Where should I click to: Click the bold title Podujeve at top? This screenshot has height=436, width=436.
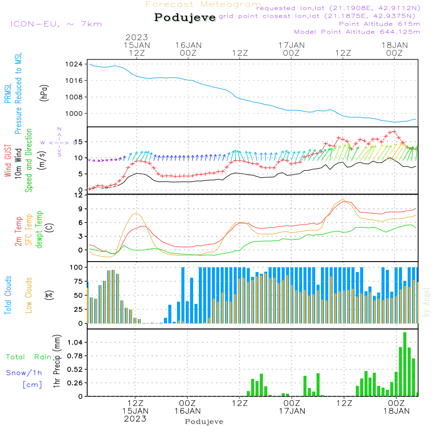click(185, 17)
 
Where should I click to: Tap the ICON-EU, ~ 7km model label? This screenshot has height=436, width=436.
click(56, 24)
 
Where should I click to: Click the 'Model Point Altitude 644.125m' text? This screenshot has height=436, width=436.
click(357, 32)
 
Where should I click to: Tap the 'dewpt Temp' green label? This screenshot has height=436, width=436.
click(39, 230)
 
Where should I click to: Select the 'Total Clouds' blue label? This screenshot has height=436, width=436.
click(8, 295)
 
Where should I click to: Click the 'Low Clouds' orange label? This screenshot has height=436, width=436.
click(29, 295)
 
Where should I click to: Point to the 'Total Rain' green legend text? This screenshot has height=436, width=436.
click(29, 357)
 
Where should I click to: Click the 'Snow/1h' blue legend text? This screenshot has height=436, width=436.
click(24, 373)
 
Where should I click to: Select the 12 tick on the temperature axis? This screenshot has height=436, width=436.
click(78, 195)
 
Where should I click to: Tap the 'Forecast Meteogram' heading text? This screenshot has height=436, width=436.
click(203, 5)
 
